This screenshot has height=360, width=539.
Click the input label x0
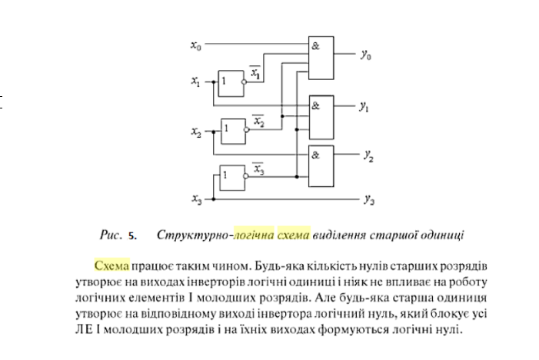pos(196,45)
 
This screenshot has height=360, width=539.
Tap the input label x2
pos(196,132)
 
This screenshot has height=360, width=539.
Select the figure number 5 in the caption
pos(131,234)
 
